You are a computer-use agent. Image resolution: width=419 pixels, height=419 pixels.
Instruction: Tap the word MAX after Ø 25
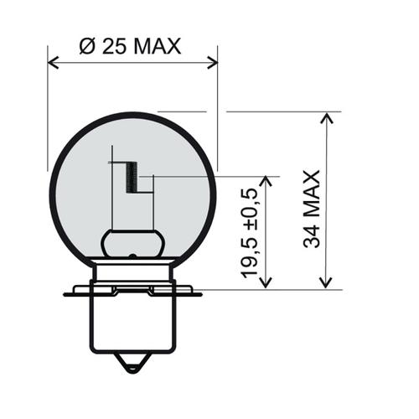(154, 46)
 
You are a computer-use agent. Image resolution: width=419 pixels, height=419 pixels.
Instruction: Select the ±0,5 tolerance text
(249, 209)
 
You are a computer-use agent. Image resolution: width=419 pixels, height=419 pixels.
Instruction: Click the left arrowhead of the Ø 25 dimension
(53, 61)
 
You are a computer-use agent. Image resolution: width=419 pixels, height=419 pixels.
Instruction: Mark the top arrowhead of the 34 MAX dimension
(326, 116)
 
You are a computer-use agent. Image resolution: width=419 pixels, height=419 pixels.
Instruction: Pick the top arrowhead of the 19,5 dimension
(266, 181)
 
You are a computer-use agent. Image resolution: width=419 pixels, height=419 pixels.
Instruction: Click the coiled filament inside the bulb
(131, 177)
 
